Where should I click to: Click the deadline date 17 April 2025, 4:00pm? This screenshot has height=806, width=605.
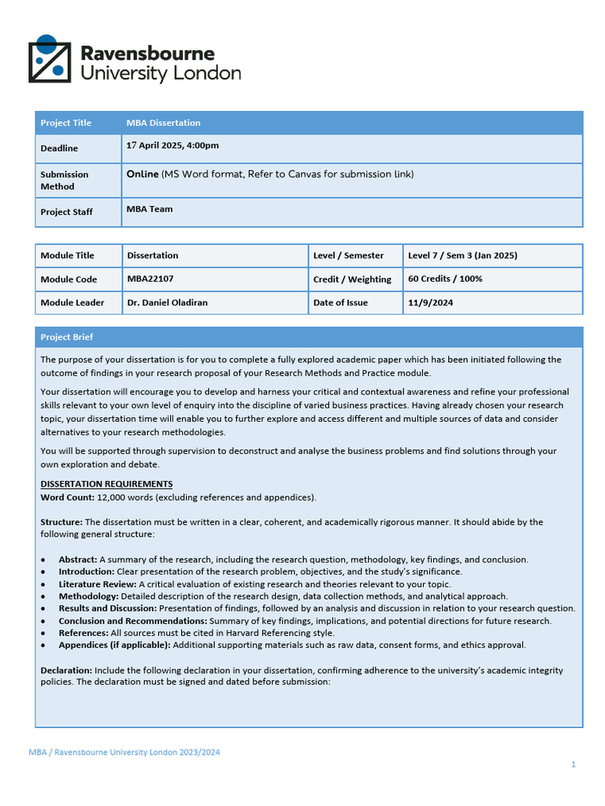click(173, 146)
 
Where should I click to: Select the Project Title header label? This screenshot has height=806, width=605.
click(66, 123)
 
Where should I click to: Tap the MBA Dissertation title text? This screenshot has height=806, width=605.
click(163, 123)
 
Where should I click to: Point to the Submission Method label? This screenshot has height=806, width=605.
click(65, 180)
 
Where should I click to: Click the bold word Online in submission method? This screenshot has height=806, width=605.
click(143, 174)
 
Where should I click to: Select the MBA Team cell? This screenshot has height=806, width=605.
click(150, 209)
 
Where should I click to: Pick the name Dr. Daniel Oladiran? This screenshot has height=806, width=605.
click(167, 302)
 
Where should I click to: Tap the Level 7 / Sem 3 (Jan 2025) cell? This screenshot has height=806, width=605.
click(462, 255)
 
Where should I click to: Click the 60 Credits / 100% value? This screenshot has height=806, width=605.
click(445, 279)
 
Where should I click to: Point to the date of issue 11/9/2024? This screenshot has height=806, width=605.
click(430, 302)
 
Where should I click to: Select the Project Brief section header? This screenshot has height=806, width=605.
click(67, 337)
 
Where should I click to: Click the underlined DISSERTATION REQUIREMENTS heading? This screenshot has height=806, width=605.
click(106, 484)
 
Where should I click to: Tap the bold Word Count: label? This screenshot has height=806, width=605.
click(68, 497)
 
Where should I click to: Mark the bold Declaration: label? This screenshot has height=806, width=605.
click(66, 671)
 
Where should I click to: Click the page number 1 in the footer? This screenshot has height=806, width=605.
click(573, 764)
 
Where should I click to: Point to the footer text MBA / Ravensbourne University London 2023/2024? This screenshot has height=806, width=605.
click(124, 752)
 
